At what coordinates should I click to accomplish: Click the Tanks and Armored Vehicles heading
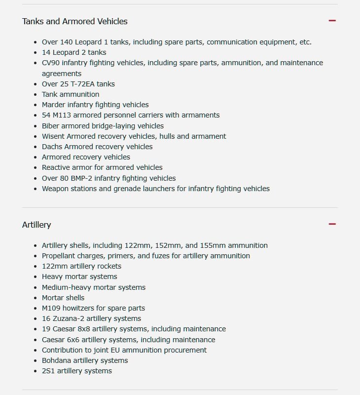75,21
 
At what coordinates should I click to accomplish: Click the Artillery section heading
36,225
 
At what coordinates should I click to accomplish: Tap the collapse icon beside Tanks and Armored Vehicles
332,21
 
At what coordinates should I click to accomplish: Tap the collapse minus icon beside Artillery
332,224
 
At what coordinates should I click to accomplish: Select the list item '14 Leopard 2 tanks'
74,52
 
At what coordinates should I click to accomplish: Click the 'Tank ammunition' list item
71,94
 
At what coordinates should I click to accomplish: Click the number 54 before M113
46,115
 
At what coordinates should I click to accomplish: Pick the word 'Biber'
51,126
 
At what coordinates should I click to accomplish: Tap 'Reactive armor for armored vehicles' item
102,167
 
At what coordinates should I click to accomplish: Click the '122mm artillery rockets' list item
81,266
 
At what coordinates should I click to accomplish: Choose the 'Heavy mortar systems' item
79,276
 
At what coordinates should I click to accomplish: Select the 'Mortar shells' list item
63,298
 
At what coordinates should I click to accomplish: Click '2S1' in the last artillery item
48,371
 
